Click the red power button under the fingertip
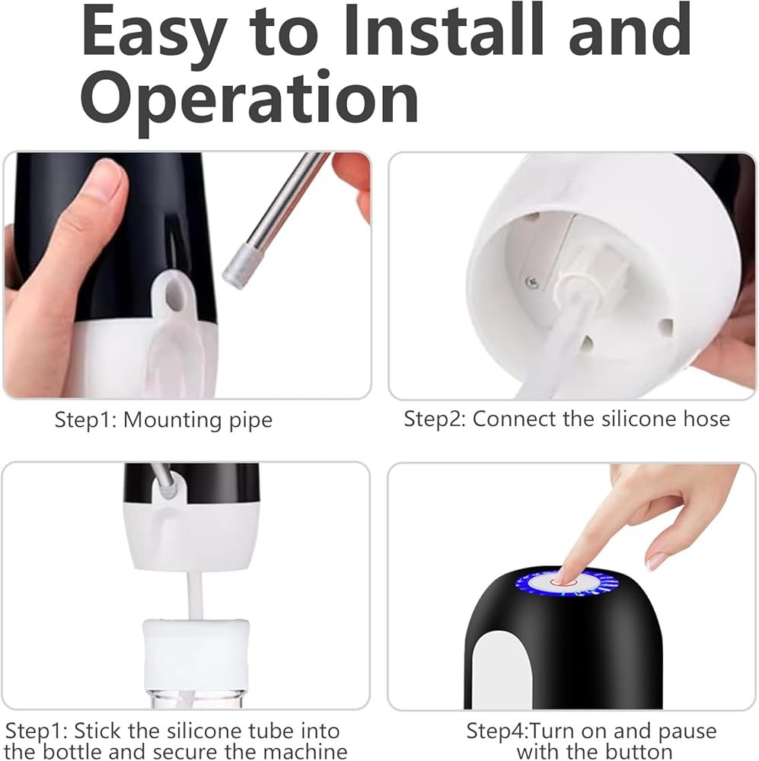click(563, 582)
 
